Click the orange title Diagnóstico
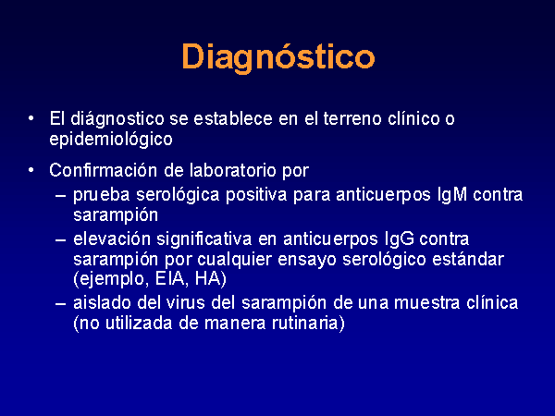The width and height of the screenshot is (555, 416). coord(278,57)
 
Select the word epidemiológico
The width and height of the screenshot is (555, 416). coord(111,139)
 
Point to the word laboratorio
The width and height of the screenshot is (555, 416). coord(232,170)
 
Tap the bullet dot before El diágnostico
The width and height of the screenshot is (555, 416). coord(31,119)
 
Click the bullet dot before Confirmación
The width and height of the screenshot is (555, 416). coord(31,170)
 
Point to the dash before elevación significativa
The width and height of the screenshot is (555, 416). coord(60,239)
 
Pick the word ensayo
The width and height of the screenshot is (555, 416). coord(306,260)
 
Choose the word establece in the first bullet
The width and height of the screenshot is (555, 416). coord(232,118)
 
